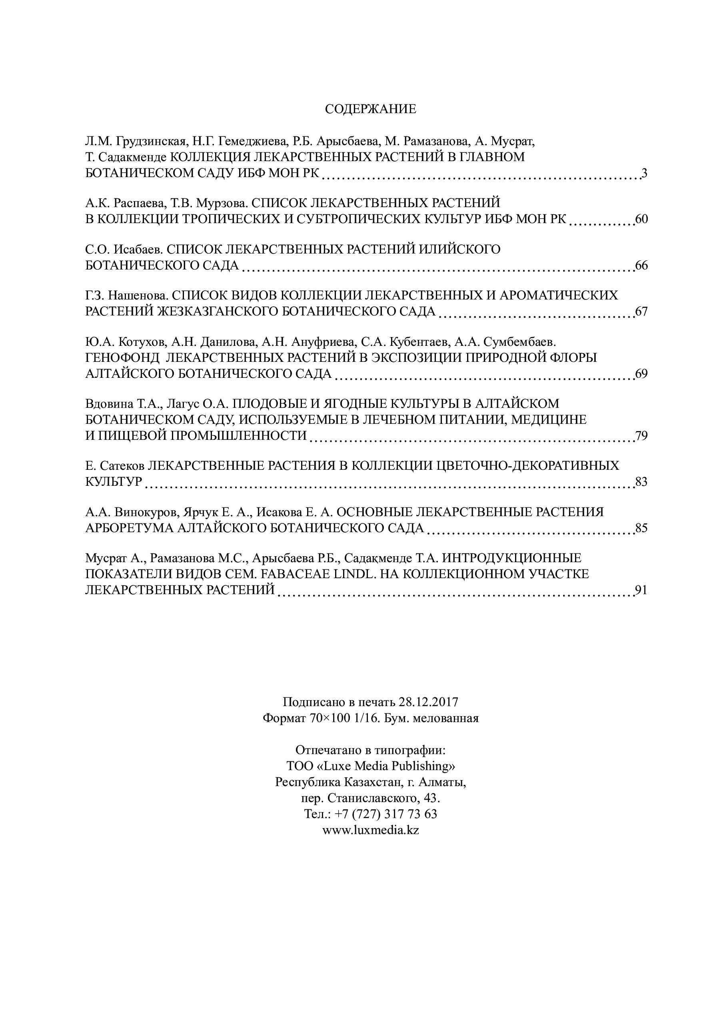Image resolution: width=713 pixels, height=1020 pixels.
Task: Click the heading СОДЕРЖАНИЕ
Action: [370, 109]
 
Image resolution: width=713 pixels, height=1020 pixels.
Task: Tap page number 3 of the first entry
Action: [644, 173]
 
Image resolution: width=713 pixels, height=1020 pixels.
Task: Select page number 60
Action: [641, 220]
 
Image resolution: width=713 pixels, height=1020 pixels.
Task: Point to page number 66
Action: [641, 265]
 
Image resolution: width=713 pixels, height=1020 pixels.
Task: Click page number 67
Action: [641, 311]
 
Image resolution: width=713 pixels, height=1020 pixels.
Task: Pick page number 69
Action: [641, 373]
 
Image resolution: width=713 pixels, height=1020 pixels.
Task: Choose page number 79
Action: [641, 436]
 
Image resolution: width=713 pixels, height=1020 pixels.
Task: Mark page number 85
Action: [641, 528]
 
